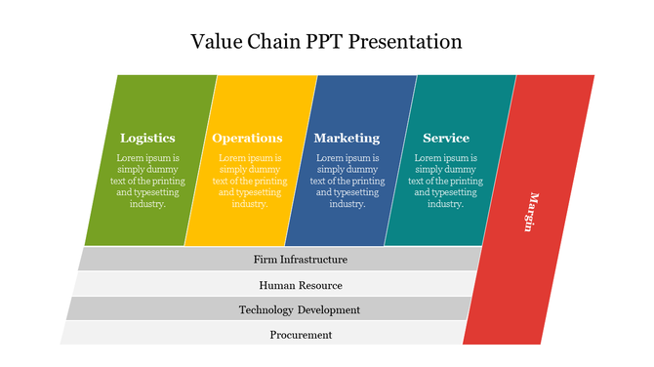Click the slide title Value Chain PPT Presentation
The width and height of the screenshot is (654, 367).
[326, 42]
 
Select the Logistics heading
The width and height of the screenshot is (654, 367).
[147, 138]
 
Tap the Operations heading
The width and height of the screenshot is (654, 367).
[247, 138]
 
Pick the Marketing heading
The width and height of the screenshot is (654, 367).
[347, 138]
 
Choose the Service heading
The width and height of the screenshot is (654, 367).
[445, 138]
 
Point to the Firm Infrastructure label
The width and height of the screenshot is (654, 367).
[300, 260]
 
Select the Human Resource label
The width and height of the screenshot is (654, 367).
[300, 285]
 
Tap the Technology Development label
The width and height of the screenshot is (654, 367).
[300, 309]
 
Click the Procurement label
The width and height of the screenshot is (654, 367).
[301, 335]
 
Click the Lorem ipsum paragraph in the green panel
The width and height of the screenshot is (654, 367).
[147, 181]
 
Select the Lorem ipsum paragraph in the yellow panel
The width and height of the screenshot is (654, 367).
[249, 181]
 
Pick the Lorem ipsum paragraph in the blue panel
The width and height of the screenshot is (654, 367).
[347, 181]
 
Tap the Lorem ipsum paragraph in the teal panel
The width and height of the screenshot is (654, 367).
[445, 181]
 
